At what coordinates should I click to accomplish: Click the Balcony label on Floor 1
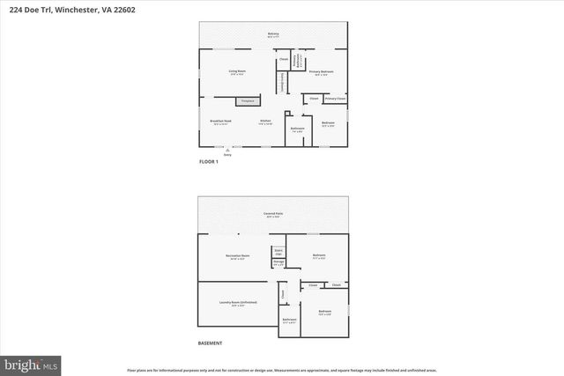coord(273,34)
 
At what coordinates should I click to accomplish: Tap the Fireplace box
coord(247,102)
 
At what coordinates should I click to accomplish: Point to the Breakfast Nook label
coord(220,122)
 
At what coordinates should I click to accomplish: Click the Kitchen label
coord(264,122)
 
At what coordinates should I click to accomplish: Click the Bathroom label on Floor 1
coord(297,129)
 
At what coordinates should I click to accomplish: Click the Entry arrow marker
coord(227,151)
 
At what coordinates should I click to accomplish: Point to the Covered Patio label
coord(273,214)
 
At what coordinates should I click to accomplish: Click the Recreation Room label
coord(239,255)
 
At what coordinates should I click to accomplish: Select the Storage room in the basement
coord(278,262)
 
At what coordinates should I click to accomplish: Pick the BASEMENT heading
coord(210,343)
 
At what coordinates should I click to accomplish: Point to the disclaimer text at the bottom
coord(282,371)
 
